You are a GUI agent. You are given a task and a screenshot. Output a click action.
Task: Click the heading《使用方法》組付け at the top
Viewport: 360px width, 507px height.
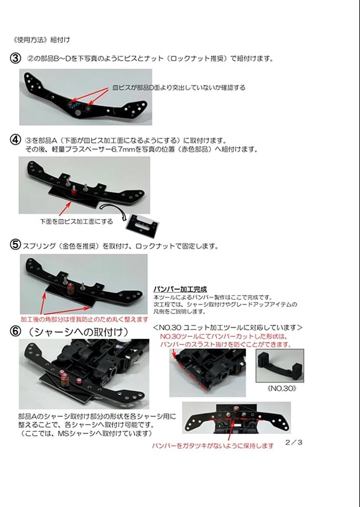pos(41,37)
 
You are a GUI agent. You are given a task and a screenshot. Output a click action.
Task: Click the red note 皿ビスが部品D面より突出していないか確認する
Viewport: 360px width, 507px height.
pos(178,88)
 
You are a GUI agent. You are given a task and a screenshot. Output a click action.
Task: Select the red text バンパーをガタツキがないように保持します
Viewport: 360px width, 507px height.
pos(213,445)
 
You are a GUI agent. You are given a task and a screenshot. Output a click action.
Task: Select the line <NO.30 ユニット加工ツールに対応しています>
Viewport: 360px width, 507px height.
pos(227,327)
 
